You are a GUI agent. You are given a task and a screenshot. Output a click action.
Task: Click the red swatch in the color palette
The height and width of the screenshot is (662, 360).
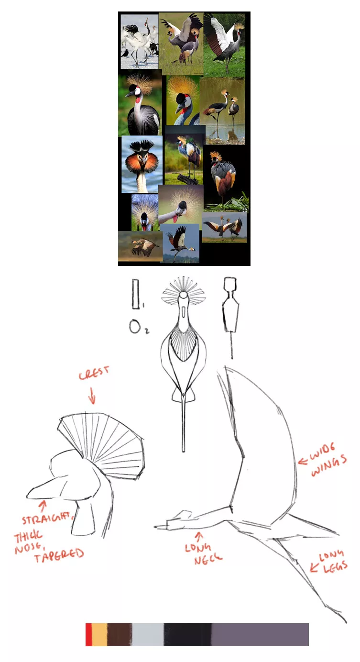click(x=88, y=635)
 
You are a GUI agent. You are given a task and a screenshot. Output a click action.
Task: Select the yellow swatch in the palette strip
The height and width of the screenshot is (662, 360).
click(x=99, y=635)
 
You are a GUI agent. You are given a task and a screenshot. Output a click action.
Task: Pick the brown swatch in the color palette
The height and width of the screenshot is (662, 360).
click(x=120, y=635)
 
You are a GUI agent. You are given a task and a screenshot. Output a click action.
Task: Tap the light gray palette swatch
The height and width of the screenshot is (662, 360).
click(x=148, y=635)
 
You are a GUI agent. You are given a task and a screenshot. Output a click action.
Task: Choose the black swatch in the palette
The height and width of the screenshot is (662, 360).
click(x=188, y=635)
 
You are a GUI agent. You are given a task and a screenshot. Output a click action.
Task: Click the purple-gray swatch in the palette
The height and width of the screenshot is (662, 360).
click(x=260, y=635)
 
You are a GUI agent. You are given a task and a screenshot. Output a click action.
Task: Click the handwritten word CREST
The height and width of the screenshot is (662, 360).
click(x=94, y=373)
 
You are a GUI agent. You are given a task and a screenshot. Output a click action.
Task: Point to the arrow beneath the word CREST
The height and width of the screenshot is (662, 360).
click(x=92, y=396)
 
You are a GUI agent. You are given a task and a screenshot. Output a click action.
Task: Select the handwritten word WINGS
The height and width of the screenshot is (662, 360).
click(x=329, y=465)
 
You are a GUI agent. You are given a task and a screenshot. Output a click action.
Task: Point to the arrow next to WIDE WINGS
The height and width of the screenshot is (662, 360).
click(x=303, y=461)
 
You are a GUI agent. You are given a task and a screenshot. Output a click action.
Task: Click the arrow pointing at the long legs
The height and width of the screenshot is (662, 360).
click(x=314, y=566)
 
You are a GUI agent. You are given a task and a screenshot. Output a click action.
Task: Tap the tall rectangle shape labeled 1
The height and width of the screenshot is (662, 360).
click(x=136, y=294)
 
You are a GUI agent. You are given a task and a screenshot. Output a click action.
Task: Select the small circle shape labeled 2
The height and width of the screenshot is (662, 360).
click(x=135, y=326)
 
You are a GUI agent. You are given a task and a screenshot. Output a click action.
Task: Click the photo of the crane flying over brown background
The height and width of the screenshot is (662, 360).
click(x=140, y=246)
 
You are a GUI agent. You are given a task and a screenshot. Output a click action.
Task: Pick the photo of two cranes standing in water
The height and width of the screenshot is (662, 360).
click(x=223, y=111)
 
